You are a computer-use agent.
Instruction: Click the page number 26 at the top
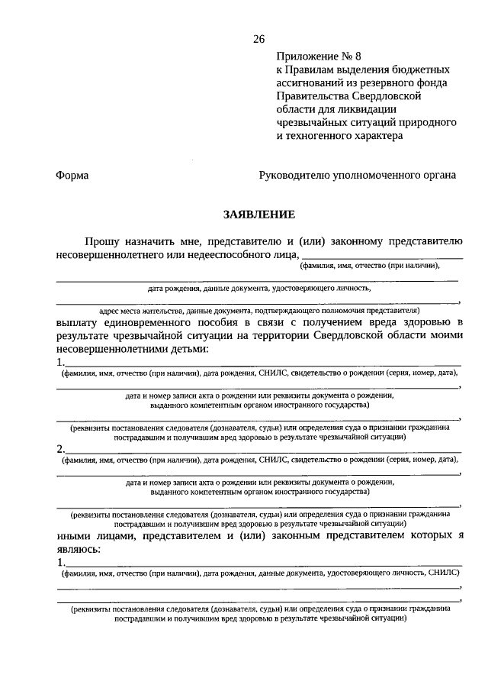click(x=258, y=39)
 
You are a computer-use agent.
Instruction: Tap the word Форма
click(x=72, y=175)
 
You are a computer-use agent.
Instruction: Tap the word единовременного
click(x=157, y=323)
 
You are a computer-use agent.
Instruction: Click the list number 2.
click(x=60, y=448)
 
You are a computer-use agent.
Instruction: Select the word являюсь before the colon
click(x=78, y=549)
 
